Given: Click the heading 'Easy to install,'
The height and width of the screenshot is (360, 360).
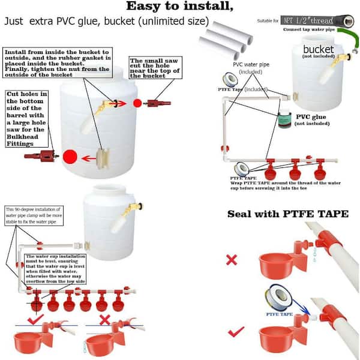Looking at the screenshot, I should tap(178, 7).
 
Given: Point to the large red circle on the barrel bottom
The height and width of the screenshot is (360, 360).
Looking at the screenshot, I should tap(71, 158).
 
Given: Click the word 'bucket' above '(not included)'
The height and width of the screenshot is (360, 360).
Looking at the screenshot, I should tap(317, 49).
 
